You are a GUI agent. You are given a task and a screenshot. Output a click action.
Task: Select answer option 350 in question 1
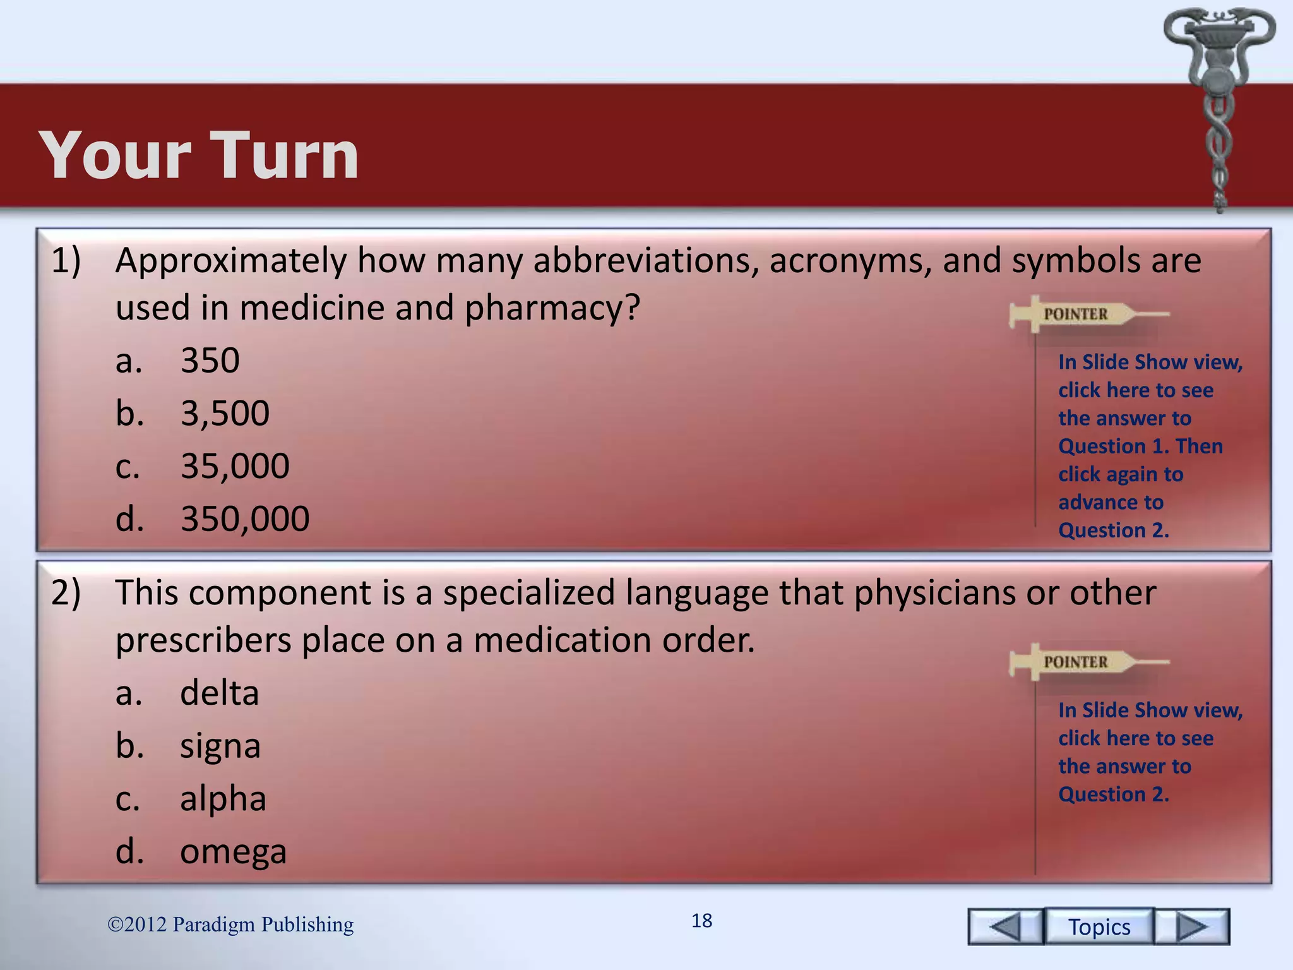click(x=210, y=361)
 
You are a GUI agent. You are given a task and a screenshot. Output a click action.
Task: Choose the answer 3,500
click(x=225, y=414)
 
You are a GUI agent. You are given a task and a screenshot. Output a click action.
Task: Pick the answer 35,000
click(x=235, y=466)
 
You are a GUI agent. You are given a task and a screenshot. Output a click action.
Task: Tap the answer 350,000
click(x=245, y=518)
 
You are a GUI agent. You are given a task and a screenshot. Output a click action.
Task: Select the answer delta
click(x=219, y=693)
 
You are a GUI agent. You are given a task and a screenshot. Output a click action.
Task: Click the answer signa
click(x=220, y=746)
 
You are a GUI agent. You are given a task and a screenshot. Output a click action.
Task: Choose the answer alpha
click(x=223, y=798)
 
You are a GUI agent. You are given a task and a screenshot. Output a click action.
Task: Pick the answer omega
click(x=233, y=851)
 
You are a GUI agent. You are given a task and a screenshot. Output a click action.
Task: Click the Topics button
click(x=1099, y=926)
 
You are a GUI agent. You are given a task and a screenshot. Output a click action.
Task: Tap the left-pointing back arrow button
click(x=1005, y=926)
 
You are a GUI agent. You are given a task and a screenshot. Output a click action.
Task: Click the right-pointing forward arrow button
click(x=1192, y=926)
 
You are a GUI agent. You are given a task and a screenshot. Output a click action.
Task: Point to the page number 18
click(x=701, y=921)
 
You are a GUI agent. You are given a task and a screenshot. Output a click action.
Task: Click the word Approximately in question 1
click(x=231, y=260)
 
